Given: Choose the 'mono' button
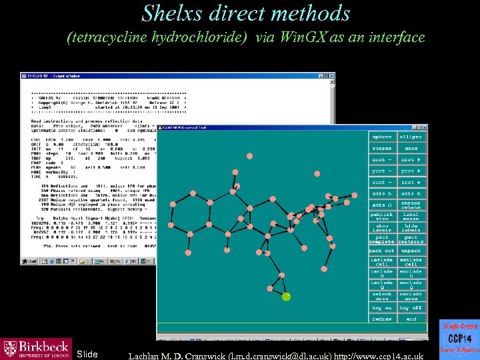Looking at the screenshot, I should [411, 148].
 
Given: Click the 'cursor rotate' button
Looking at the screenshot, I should [411, 205].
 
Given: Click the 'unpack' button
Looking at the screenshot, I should [411, 251].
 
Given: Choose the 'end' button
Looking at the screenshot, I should [411, 319].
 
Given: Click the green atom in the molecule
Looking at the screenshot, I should [287, 297].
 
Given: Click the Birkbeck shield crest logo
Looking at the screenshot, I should [10, 349].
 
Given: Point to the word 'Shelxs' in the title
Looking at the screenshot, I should [174, 13].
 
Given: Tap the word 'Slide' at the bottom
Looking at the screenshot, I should [87, 353].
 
